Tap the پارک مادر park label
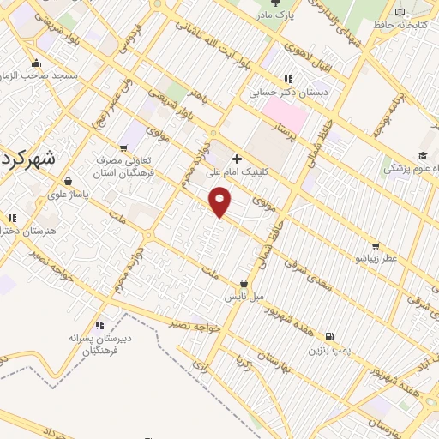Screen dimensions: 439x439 pos(276,15)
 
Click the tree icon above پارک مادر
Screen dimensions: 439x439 pos(275,3)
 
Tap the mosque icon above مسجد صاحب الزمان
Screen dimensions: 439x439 pos(36,63)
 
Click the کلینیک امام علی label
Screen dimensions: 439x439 pos(237,171)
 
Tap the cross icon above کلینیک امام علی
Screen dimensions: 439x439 pos(237,159)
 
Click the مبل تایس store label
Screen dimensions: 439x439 pos(244,296)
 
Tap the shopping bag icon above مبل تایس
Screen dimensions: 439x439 pos(244,283)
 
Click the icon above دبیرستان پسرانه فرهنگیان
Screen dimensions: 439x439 pos(99,325)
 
